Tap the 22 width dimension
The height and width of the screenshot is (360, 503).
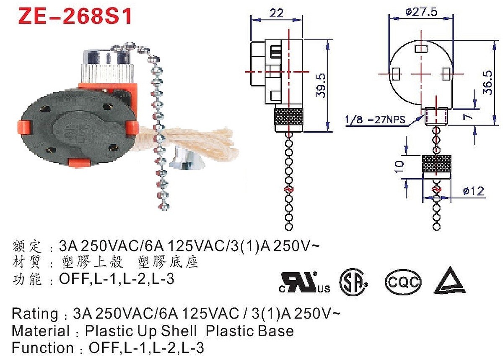tap(276, 13)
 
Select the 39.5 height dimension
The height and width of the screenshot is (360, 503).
tap(321, 86)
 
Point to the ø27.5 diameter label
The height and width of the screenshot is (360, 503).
tap(422, 11)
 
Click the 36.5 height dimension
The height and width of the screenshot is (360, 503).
tap(488, 83)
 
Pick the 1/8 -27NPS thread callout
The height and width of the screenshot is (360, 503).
tap(375, 120)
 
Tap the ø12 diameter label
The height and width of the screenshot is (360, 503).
tap(473, 191)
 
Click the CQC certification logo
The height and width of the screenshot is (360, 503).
tap(403, 282)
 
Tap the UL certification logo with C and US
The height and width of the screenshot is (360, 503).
tap(304, 282)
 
